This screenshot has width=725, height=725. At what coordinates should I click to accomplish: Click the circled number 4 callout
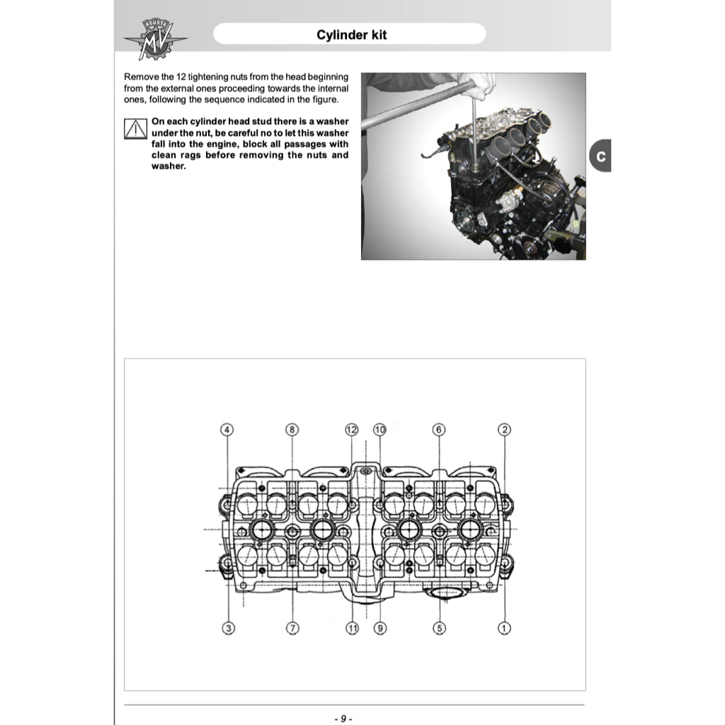click(227, 430)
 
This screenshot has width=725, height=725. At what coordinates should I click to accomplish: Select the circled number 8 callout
click(292, 430)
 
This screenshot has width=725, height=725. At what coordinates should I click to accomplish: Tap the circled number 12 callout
click(352, 430)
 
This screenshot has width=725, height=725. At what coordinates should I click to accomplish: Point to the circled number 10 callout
click(379, 430)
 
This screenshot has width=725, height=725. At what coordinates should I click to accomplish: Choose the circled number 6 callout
click(439, 430)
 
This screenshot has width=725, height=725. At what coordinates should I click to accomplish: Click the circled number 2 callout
click(505, 430)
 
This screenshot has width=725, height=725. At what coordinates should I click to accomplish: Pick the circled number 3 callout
click(228, 627)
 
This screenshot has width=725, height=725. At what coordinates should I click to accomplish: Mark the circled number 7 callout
click(293, 627)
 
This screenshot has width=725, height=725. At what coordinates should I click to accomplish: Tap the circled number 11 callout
click(353, 627)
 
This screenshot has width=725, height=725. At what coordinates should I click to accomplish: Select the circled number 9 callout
click(380, 627)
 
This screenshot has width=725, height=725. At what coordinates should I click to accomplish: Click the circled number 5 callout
click(439, 627)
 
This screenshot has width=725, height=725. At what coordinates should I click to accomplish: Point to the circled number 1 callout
click(505, 627)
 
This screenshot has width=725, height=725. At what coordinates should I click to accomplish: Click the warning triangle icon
click(135, 129)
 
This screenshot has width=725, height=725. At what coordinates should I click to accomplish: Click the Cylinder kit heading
click(351, 35)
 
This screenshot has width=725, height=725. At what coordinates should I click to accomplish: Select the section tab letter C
click(600, 156)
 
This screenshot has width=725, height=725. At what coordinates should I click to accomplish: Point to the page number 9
click(343, 719)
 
